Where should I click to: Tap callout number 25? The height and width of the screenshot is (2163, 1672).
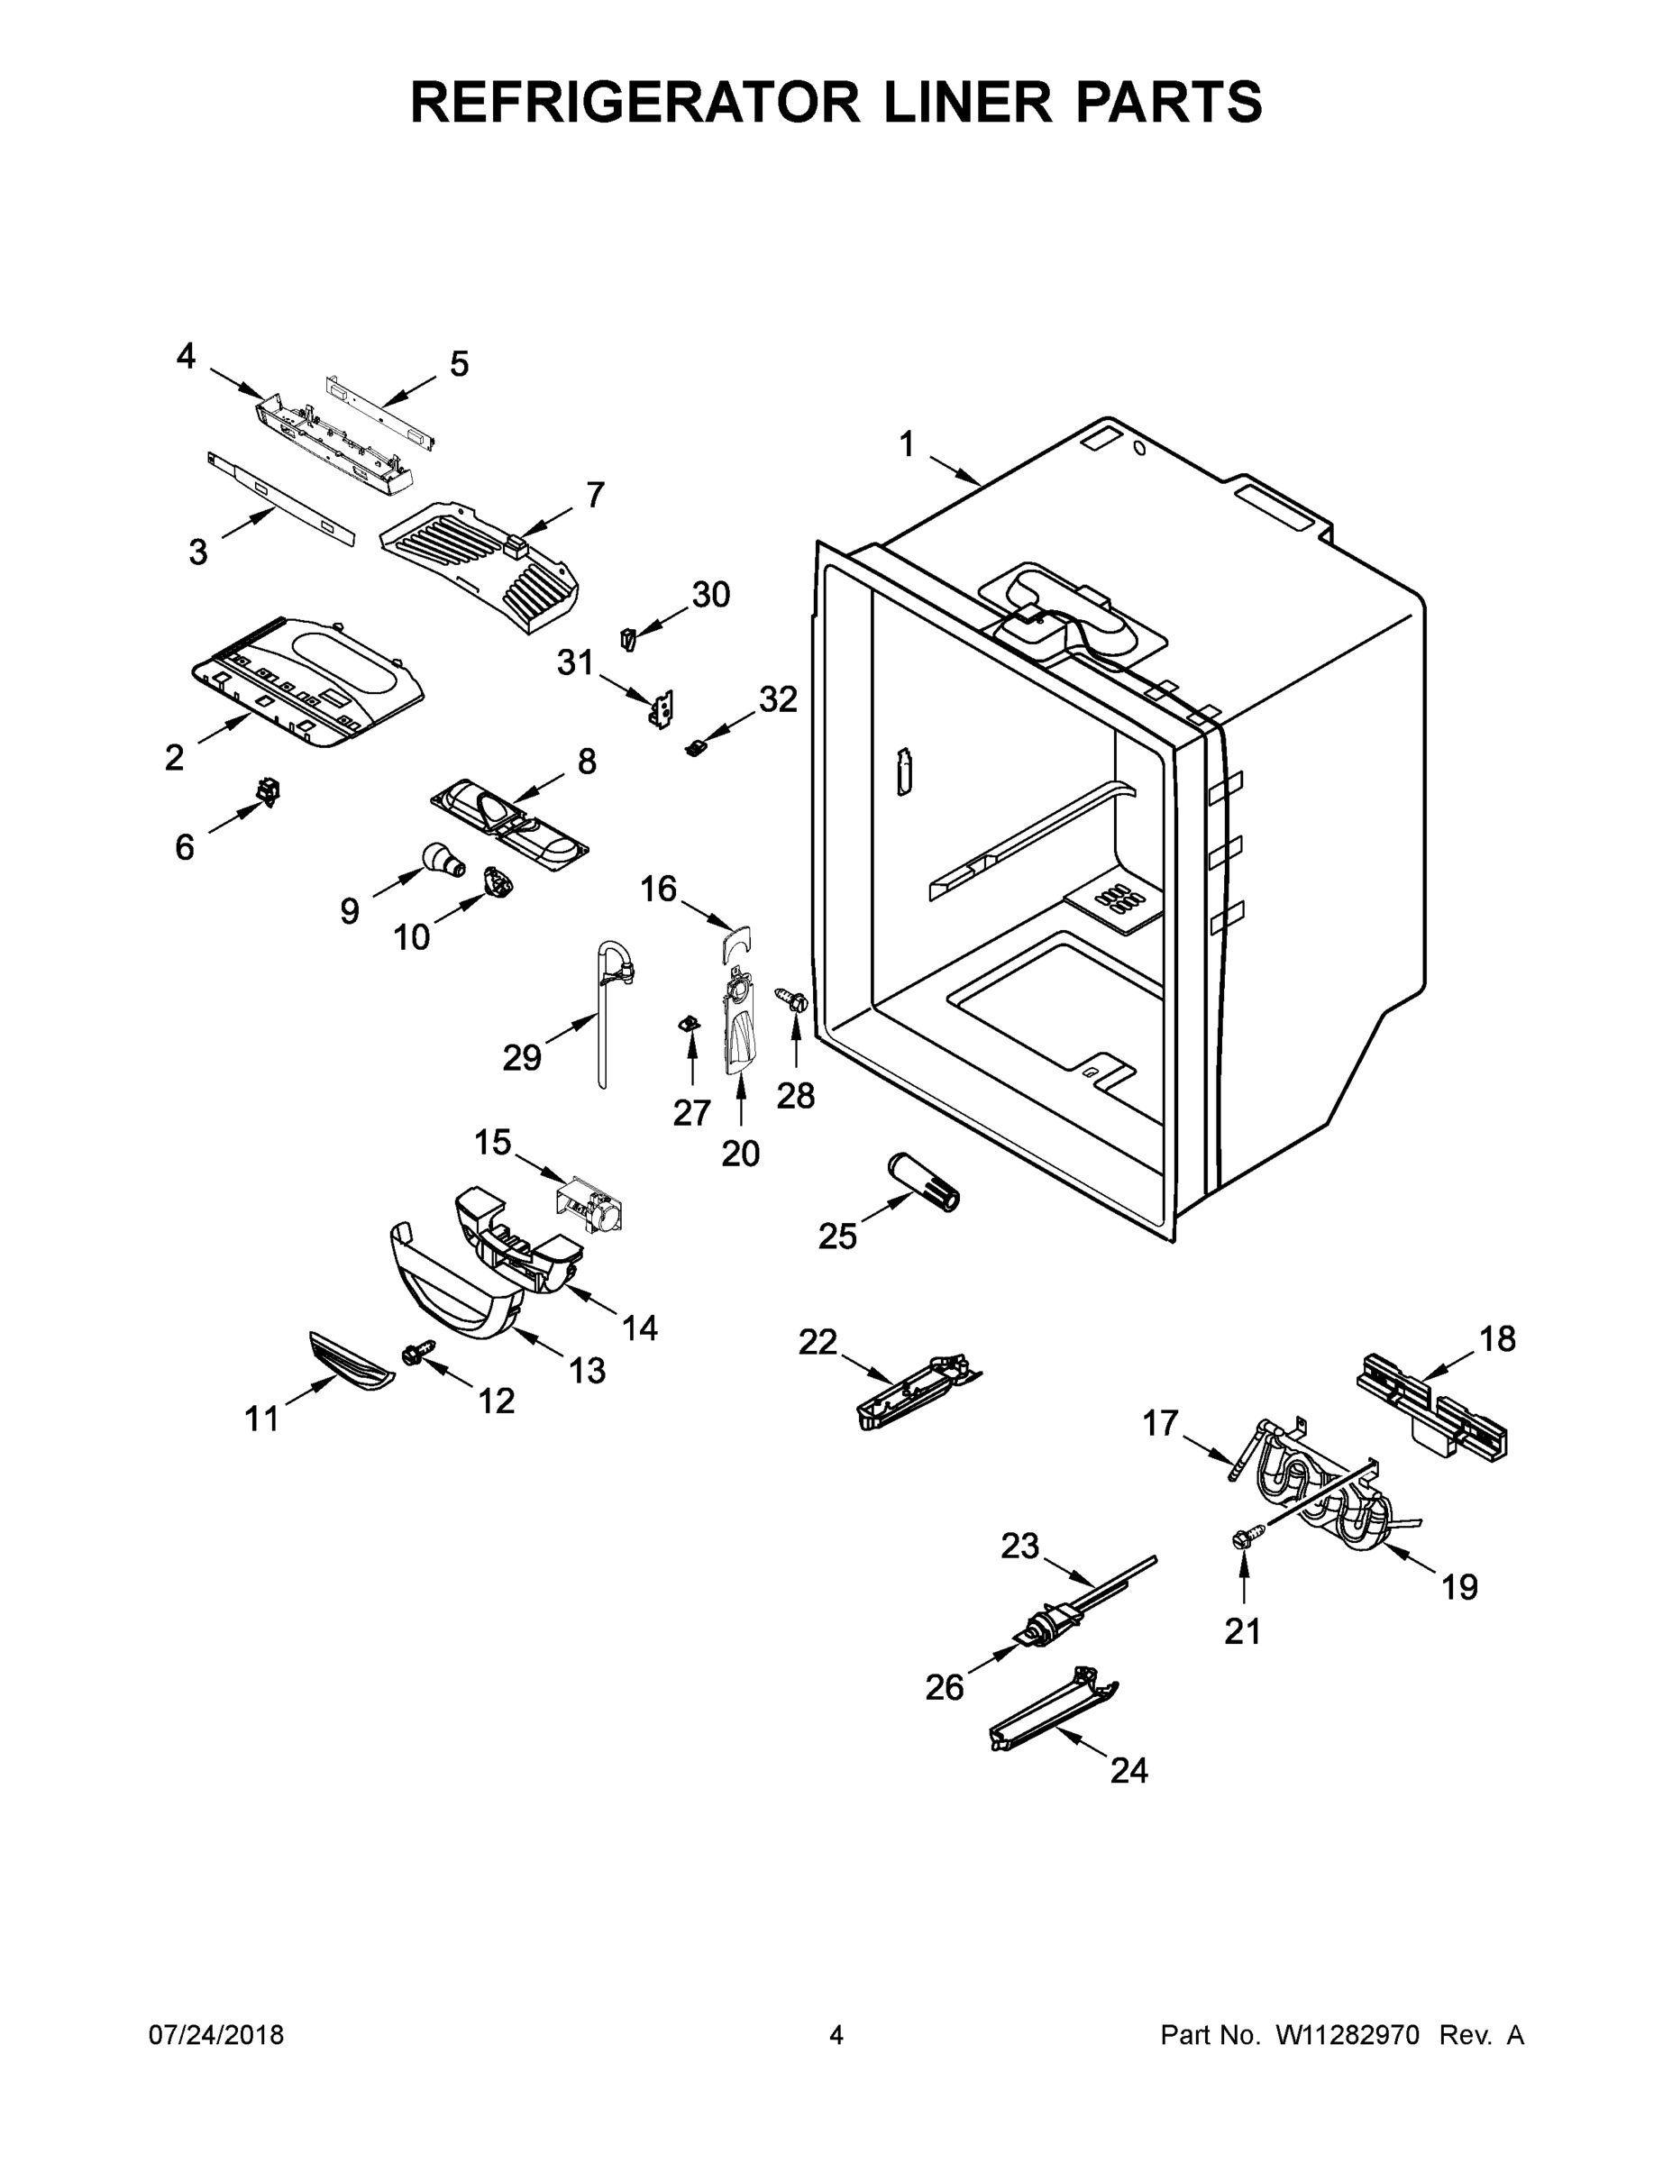837,1236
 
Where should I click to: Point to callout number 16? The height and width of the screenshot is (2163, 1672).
658,890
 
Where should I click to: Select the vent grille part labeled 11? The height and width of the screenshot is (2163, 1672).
351,1362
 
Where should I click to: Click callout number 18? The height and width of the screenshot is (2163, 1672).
1496,1339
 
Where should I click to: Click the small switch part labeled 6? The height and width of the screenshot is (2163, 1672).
268,791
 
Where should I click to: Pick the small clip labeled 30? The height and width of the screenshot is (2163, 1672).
628,639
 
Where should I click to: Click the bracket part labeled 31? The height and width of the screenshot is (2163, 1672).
662,709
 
